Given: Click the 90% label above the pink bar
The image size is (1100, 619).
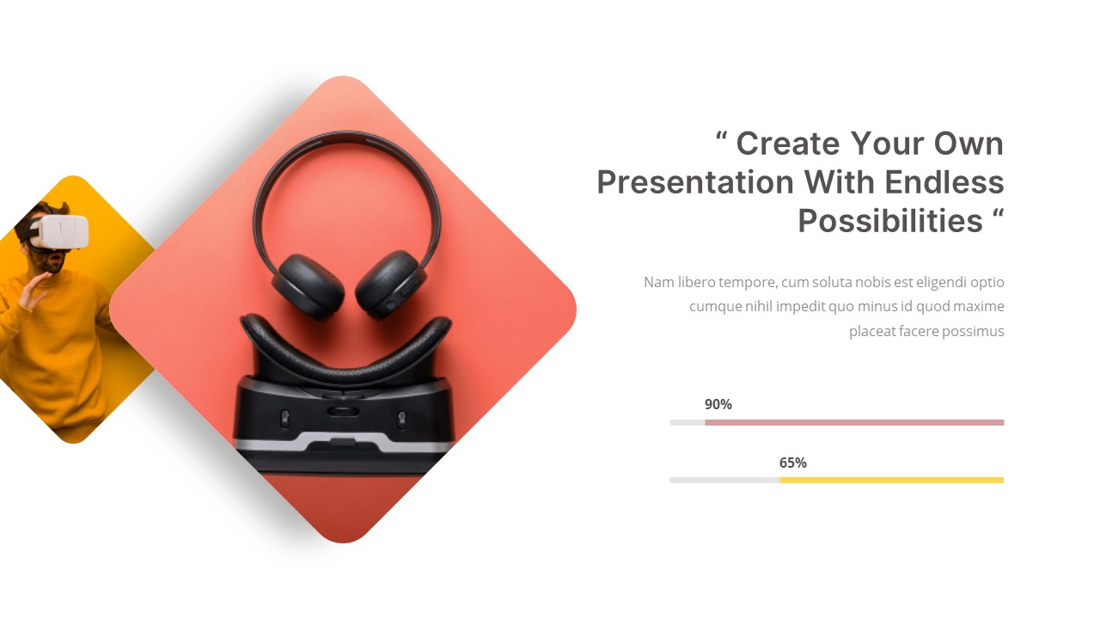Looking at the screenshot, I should click(x=718, y=404).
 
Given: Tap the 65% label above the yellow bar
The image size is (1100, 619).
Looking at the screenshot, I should click(x=792, y=463).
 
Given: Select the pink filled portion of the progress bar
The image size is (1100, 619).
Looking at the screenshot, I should click(x=854, y=422).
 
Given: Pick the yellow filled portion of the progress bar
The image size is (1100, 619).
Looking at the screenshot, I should click(x=891, y=480).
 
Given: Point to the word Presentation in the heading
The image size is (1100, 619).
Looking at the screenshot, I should click(x=695, y=182).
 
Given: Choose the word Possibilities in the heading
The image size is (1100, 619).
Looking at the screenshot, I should click(x=890, y=221).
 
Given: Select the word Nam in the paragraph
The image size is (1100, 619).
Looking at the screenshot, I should click(x=658, y=282).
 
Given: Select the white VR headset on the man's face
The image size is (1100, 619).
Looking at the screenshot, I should click(x=60, y=231).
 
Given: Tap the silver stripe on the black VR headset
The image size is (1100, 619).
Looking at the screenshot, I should click(x=344, y=444).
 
